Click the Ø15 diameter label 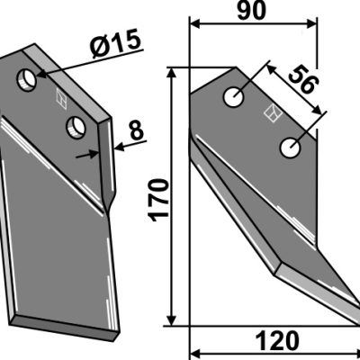pyautogui.click(x=116, y=44)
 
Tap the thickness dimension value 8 pyautogui.click(x=137, y=130)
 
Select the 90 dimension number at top pyautogui.click(x=251, y=10)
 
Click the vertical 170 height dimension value pyautogui.click(x=159, y=200)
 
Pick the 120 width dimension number pyautogui.click(x=277, y=341)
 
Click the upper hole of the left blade pyautogui.click(x=27, y=80)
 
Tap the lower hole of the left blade pyautogui.click(x=76, y=128)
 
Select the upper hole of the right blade pyautogui.click(x=234, y=97)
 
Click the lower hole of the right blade pyautogui.click(x=290, y=148)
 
